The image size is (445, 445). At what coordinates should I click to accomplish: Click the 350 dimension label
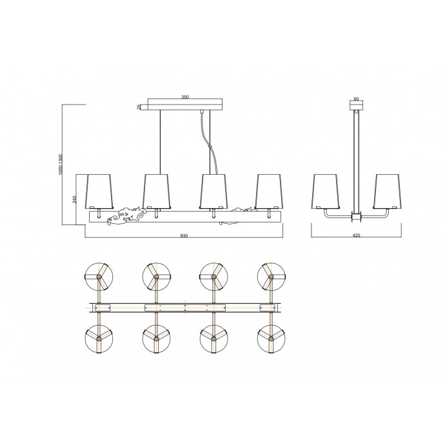pos(184,97)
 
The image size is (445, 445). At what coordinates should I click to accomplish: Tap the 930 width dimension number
pos(184,235)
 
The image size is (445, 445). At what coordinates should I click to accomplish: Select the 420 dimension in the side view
pos(356,235)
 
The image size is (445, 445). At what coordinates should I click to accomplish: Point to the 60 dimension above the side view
pos(357,99)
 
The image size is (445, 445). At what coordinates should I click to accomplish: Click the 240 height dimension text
pos(75,199)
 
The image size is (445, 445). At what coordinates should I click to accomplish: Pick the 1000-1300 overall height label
pos(60,164)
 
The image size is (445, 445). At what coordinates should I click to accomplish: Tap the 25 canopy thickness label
pos(139,107)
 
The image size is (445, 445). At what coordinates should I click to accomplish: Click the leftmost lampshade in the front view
pos(99,192)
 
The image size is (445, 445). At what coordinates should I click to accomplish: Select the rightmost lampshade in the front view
pos(269,192)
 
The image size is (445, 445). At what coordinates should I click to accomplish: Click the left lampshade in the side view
pos(326,192)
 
